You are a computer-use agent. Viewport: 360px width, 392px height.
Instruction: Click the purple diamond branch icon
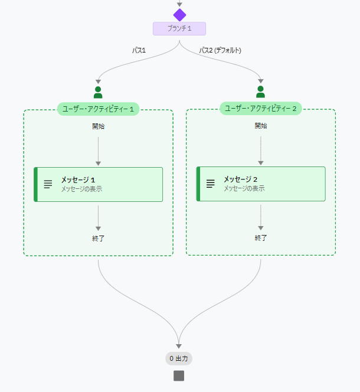click(179, 15)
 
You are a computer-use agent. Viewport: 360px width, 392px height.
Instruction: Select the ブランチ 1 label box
click(179, 28)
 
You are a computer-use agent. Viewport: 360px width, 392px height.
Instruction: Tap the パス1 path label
click(139, 50)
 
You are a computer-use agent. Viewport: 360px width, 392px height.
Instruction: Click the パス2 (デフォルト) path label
click(220, 50)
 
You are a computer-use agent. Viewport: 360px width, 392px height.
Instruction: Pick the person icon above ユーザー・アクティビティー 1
click(98, 92)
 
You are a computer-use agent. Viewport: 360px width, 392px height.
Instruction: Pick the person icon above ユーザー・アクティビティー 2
click(260, 92)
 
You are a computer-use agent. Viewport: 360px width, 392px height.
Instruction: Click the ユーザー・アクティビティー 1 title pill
click(98, 109)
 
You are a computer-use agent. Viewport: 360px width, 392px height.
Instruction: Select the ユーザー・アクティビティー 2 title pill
click(261, 108)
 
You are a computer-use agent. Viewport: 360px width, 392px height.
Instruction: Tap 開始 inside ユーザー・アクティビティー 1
click(98, 126)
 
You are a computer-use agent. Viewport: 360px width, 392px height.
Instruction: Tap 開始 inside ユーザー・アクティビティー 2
click(261, 125)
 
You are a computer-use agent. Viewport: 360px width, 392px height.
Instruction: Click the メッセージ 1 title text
click(78, 179)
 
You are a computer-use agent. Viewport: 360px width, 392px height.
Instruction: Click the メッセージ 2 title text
click(240, 179)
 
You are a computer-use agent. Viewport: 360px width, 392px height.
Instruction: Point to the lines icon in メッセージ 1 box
click(48, 184)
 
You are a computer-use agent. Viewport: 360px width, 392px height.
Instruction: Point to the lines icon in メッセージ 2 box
click(210, 184)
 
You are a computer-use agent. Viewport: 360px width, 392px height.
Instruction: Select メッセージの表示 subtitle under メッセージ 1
click(81, 189)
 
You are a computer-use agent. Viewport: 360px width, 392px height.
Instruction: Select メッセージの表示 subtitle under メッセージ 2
click(244, 188)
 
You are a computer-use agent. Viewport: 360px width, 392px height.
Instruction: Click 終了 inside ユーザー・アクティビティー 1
click(98, 239)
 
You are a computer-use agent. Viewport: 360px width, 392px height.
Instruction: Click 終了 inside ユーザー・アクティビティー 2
click(261, 238)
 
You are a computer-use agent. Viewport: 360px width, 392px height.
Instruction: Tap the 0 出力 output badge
click(179, 358)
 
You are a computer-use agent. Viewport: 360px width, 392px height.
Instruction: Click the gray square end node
click(179, 375)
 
